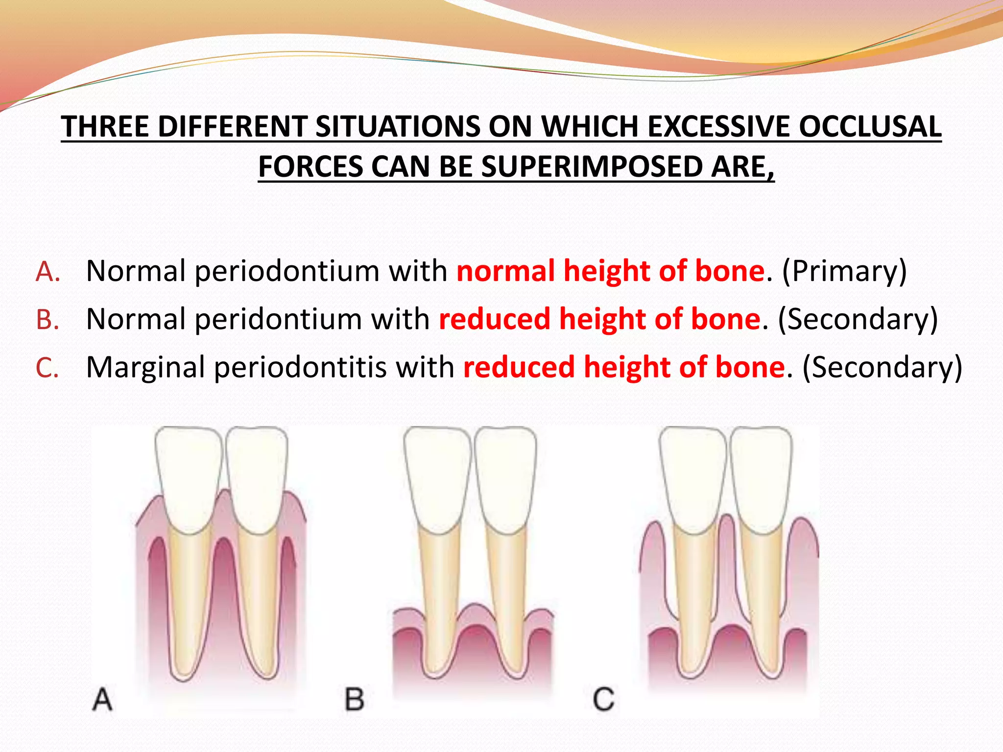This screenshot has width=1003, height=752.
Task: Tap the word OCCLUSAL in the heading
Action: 870,126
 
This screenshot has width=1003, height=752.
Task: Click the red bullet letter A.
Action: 48,272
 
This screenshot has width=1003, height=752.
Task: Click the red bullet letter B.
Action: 48,320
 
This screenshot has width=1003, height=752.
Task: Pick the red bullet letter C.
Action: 48,368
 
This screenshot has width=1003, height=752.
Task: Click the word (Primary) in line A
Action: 844,272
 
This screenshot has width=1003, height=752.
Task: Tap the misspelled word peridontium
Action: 278,320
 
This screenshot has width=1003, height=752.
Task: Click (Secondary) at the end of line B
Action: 858,320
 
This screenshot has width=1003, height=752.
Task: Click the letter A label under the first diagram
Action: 102,699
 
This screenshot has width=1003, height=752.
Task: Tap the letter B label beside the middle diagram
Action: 355,699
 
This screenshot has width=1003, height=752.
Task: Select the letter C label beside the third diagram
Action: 603,699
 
